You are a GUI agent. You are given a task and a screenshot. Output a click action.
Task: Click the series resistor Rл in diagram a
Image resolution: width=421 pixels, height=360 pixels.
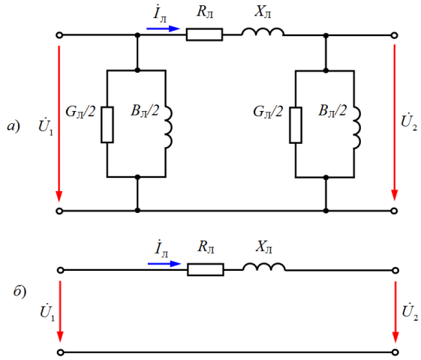[x=204, y=34]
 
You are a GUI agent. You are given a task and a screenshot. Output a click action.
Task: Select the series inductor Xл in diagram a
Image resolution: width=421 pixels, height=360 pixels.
[x=263, y=31]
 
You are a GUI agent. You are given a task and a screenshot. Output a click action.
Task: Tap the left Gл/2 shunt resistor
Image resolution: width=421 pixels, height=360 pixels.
[x=107, y=124]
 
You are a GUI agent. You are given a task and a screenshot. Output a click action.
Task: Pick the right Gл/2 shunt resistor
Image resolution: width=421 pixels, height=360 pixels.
[x=296, y=125]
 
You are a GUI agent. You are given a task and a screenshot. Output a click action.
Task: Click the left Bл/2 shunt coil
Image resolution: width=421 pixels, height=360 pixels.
[x=169, y=127]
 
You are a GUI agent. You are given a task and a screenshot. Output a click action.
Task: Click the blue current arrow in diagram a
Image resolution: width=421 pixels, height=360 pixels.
[x=163, y=28]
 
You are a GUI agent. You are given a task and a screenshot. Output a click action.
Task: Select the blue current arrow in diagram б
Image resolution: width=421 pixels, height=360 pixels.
[x=164, y=264]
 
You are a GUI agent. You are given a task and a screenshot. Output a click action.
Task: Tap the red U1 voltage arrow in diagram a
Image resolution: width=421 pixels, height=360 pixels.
[x=59, y=124]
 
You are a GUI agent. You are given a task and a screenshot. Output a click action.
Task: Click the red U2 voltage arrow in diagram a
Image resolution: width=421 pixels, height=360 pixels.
[x=394, y=122]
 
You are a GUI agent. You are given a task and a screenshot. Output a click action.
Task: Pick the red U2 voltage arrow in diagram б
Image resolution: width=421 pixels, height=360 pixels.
[x=395, y=312]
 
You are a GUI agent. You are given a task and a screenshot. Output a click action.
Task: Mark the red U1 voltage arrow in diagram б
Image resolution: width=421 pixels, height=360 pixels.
[x=60, y=312]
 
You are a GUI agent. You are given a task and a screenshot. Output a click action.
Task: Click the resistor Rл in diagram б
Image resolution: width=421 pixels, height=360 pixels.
[x=206, y=269]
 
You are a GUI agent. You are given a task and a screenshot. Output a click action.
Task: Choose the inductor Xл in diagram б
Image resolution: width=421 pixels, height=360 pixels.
[x=263, y=267]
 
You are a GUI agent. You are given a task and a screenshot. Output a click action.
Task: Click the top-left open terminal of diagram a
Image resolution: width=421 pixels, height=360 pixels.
[x=59, y=35]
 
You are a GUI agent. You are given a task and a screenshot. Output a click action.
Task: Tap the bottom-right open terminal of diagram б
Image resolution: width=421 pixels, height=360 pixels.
[x=395, y=352]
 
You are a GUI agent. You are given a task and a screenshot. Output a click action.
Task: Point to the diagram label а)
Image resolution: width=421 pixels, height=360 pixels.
[x=14, y=126]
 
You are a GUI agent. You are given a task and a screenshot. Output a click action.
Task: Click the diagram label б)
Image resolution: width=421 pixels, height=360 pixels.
[x=20, y=291]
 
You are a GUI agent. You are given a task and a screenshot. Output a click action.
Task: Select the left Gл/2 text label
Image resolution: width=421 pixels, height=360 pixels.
[x=80, y=111]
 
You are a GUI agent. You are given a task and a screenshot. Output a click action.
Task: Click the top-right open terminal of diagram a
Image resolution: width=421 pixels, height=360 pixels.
[x=394, y=35]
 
